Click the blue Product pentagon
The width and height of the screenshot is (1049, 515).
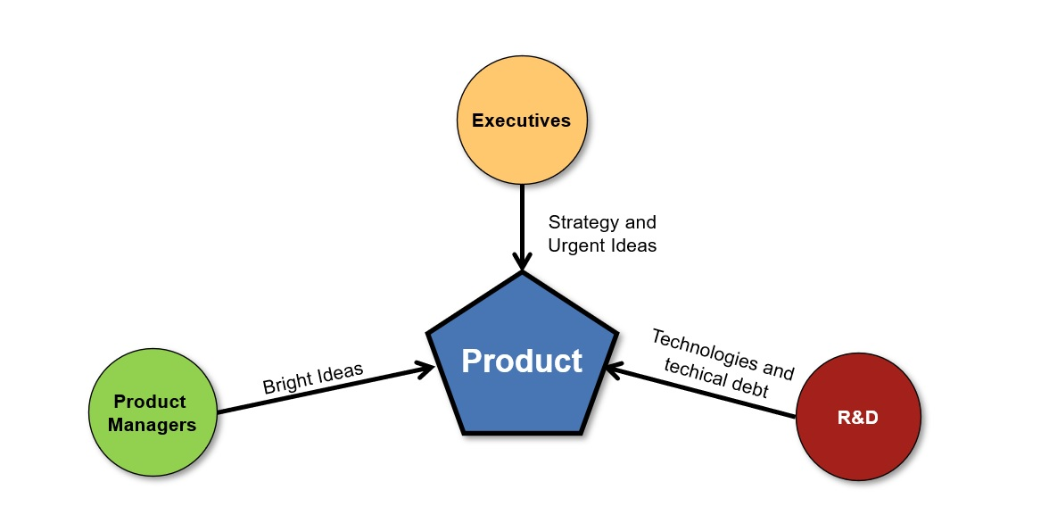(522, 402)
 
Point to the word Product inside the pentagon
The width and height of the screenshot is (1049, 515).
(522, 361)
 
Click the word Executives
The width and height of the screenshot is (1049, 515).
(521, 120)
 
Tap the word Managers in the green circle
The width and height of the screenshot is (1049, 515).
(152, 425)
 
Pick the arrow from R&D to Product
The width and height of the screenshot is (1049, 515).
(705, 392)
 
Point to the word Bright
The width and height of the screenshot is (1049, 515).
(287, 384)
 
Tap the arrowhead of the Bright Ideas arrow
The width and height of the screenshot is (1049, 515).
(425, 367)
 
